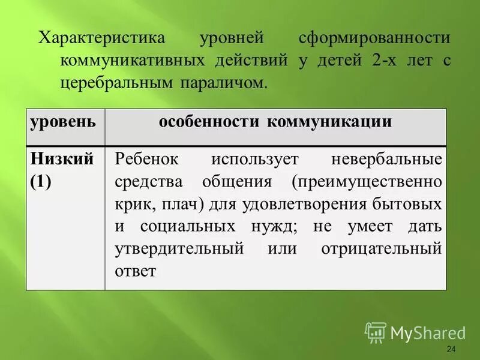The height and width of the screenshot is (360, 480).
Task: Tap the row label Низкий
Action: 62,159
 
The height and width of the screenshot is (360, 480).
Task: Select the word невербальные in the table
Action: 386,160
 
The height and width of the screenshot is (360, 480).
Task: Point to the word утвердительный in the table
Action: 179,248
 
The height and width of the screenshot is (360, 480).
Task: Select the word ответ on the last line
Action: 136,271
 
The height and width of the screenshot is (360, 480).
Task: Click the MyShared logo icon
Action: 376,331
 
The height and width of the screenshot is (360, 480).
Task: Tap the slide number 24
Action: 452,350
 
